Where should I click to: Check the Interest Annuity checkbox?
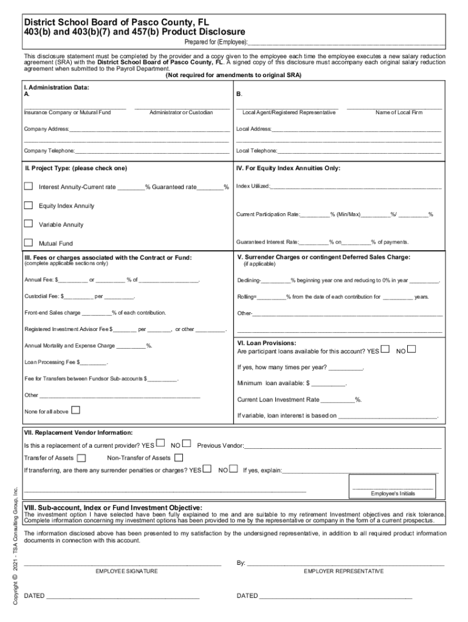point(28,186)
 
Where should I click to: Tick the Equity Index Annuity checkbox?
point(28,205)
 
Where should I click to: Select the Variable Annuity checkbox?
point(28,224)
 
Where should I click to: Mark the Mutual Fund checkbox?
point(28,242)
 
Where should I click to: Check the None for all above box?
point(75,410)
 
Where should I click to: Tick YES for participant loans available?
point(384,350)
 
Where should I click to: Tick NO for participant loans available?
point(411,349)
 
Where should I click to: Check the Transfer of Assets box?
point(81,457)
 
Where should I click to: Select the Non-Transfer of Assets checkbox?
point(179,457)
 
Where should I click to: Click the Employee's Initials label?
point(393,493)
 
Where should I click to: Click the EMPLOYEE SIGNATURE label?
point(126,571)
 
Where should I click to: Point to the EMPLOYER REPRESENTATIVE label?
point(343,571)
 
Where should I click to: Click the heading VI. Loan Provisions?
point(266,343)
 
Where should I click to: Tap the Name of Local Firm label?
point(399,112)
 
